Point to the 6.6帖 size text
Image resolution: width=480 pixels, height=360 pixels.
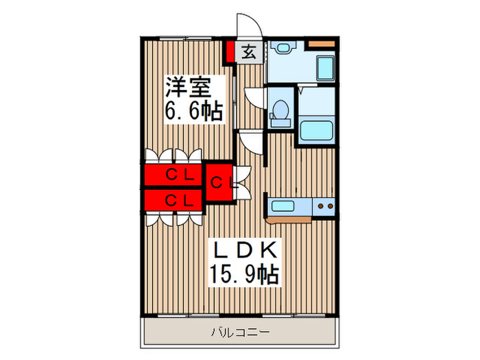194,111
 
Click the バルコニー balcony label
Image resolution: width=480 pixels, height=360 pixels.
240,333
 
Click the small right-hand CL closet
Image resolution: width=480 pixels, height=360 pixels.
219,182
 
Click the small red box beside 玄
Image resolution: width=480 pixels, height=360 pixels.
230,51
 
